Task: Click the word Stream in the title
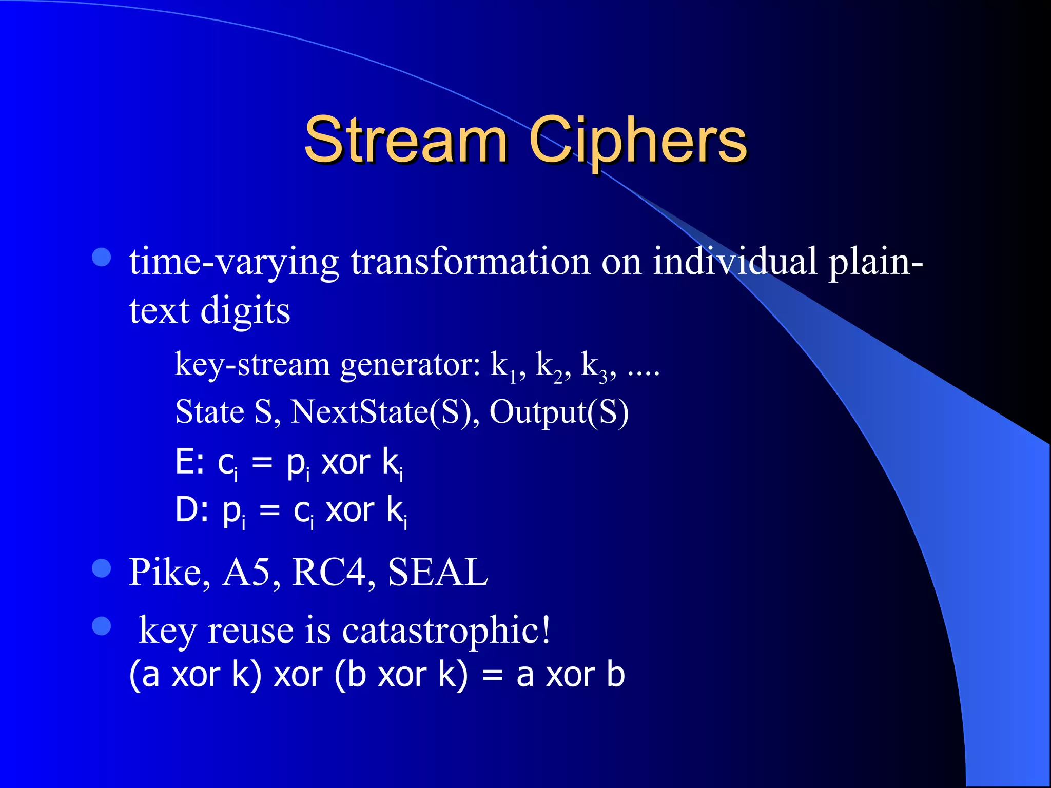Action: (405, 140)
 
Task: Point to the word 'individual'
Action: (734, 261)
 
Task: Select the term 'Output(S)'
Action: (559, 412)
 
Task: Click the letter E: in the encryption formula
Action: (190, 462)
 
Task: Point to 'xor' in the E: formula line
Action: (345, 462)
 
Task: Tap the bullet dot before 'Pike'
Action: (102, 568)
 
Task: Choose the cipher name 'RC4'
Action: (329, 572)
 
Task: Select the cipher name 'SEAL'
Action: (437, 572)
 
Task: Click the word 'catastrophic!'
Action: (446, 630)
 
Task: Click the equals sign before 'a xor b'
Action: (492, 675)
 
